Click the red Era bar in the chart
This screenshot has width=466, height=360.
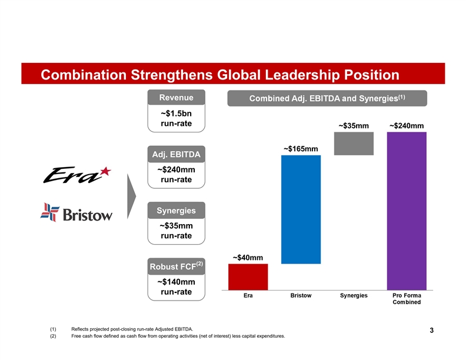tap(248, 276)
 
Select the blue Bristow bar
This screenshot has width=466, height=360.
tap(301, 209)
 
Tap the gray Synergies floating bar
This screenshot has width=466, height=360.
tap(354, 144)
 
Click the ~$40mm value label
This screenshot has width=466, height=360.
tap(247, 258)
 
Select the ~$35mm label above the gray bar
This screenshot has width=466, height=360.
tap(353, 125)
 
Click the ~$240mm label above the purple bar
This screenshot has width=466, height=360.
tap(406, 125)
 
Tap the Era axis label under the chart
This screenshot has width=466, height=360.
tap(248, 295)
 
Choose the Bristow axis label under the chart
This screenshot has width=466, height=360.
tap(301, 295)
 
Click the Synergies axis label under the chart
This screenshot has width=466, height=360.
tap(354, 295)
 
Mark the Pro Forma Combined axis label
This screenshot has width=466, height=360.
tap(406, 299)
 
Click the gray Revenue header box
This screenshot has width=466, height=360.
tap(176, 98)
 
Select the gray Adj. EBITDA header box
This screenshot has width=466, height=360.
tap(176, 155)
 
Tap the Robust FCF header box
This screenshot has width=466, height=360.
tap(176, 267)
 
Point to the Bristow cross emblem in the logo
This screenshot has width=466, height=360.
tap(50, 212)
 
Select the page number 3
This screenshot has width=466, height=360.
tap(432, 330)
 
